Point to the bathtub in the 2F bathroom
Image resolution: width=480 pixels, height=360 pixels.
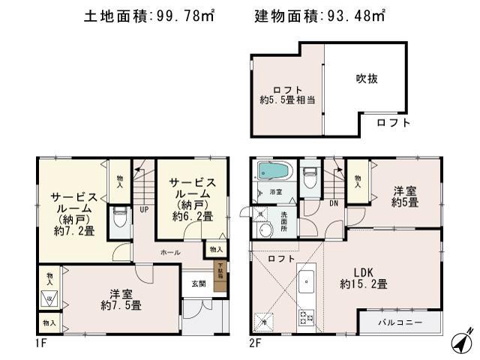click(x=272, y=172)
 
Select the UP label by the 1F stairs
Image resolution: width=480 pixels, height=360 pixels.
click(x=142, y=209)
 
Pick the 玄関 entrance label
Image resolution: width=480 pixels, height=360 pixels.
click(x=198, y=283)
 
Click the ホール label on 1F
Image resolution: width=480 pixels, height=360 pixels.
click(x=170, y=253)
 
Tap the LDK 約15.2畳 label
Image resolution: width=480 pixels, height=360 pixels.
click(x=364, y=277)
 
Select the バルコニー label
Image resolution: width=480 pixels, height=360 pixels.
click(x=399, y=322)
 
